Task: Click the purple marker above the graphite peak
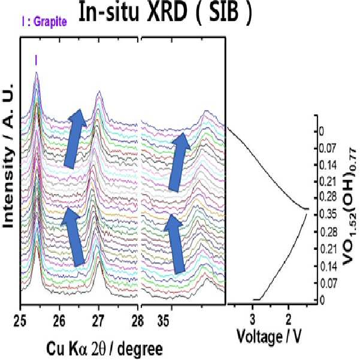tap(36, 60)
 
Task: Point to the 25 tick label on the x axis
tap(20, 320)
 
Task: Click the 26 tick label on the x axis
tap(59, 320)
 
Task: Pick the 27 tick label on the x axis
tap(99, 320)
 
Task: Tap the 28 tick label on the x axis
tap(138, 320)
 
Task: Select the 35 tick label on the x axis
tap(164, 320)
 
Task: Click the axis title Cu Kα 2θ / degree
tap(105, 349)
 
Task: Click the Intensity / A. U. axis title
tap(8, 156)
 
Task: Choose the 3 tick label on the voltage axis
tap(253, 319)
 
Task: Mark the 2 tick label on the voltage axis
tap(289, 319)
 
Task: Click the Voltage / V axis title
tap(269, 337)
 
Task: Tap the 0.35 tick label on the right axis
tap(328, 214)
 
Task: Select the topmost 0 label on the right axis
tap(322, 132)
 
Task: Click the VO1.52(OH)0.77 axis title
tap(350, 207)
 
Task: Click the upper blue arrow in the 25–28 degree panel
tap(75, 139)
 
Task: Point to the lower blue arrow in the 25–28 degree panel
tap(73, 237)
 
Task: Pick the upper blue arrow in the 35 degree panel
tap(179, 162)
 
